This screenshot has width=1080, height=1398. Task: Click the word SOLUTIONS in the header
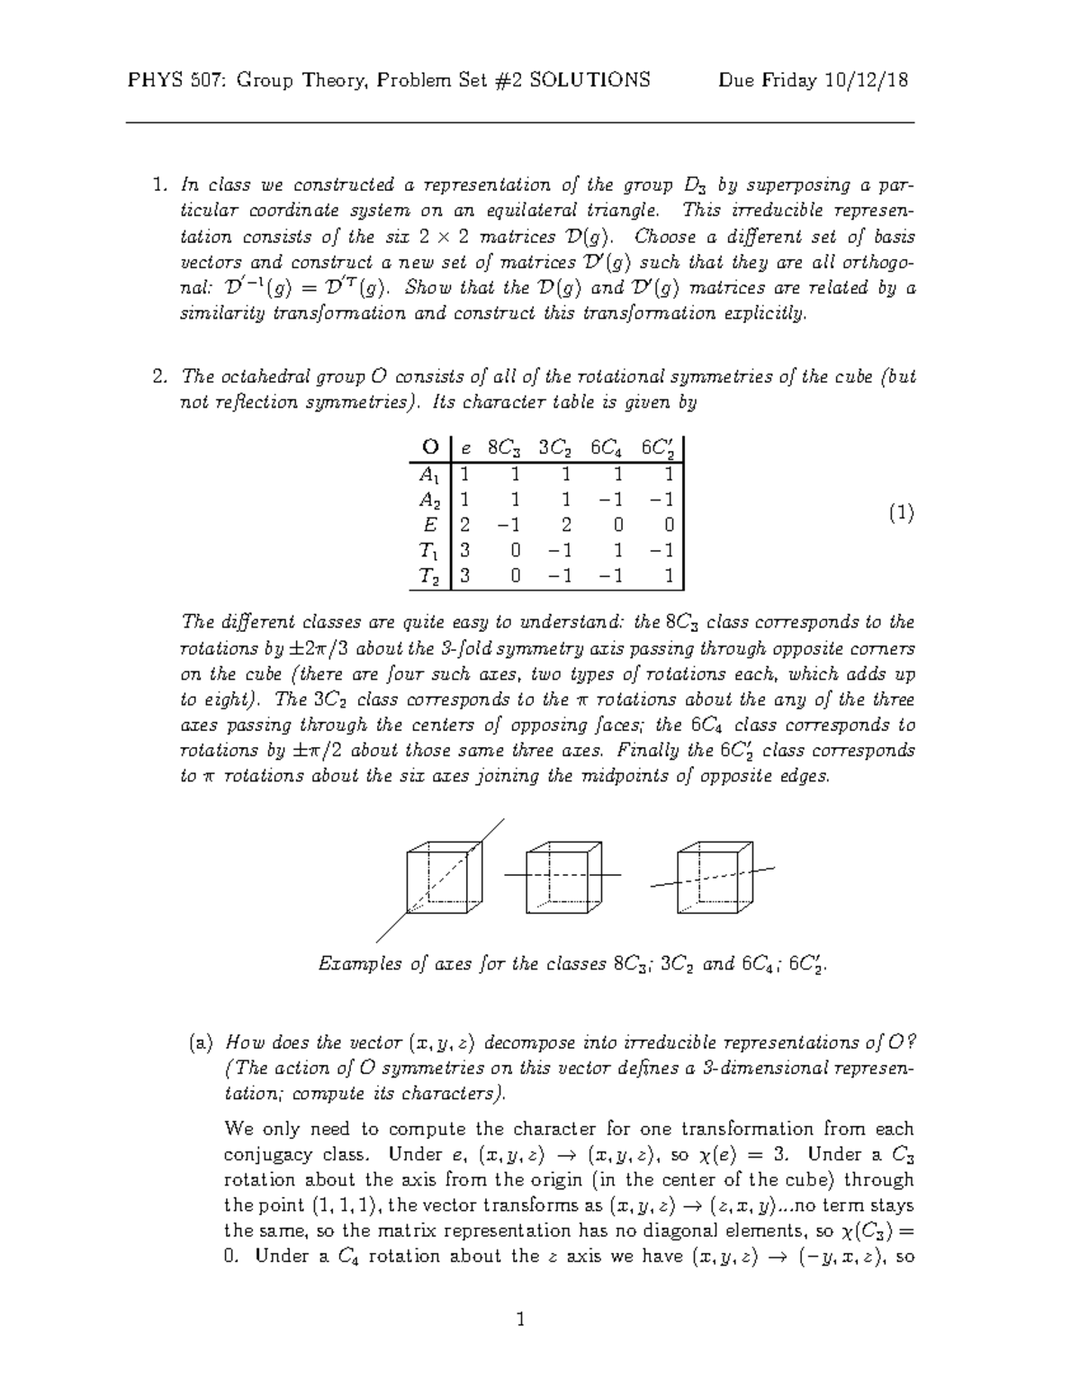[589, 80]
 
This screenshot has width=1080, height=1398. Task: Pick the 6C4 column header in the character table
[609, 447]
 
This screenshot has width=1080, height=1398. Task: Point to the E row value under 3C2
[565, 526]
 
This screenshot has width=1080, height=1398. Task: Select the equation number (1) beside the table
[901, 513]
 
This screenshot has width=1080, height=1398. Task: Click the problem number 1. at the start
[161, 185]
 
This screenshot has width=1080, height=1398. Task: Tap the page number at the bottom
[519, 1321]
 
